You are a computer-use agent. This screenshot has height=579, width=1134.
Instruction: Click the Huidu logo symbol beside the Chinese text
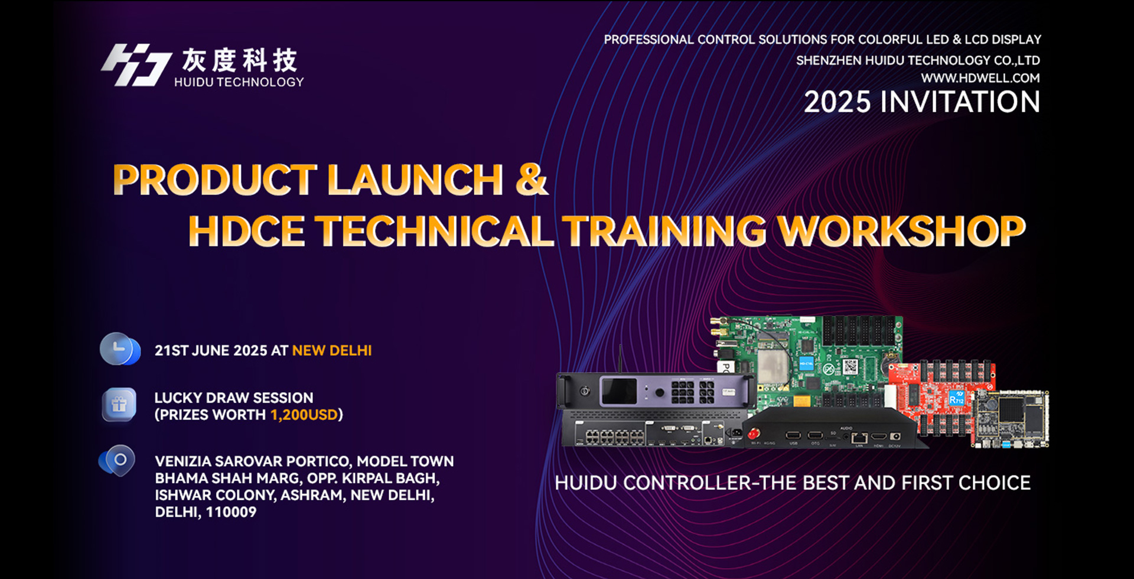136,65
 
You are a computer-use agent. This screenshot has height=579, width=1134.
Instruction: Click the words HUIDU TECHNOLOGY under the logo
239,82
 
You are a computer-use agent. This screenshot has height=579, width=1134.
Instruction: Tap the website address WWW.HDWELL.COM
980,78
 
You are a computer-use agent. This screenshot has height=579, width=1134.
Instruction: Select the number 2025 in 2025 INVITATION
838,102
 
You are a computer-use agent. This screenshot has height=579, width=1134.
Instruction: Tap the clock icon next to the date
120,349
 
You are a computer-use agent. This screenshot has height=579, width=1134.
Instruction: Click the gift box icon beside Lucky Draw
119,405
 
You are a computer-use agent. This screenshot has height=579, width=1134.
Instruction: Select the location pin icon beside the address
117,461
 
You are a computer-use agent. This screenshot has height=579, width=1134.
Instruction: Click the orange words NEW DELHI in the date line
332,350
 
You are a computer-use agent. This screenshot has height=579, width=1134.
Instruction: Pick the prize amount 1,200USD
304,415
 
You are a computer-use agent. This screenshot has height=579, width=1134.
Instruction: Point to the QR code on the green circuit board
850,367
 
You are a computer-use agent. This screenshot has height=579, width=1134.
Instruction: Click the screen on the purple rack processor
618,391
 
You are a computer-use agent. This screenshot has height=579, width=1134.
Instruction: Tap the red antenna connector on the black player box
754,434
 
